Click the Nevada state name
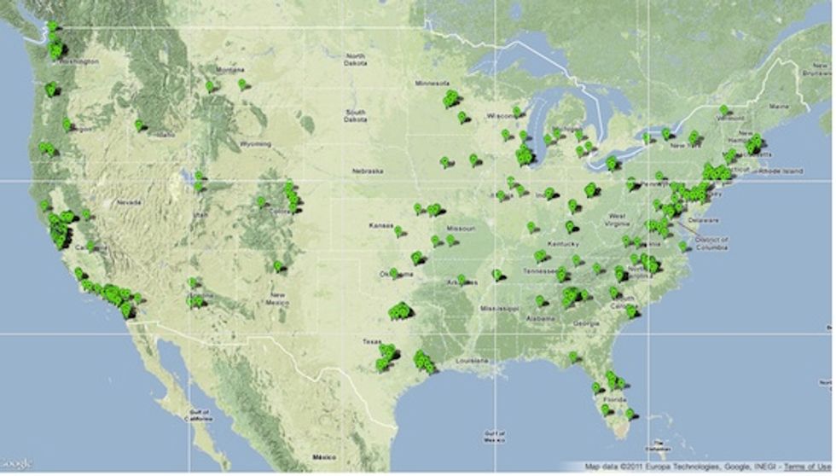tap(128, 202)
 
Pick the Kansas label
tap(379, 225)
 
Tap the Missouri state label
tap(462, 229)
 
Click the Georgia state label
tap(587, 323)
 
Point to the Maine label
tap(779, 106)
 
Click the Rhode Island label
tap(782, 171)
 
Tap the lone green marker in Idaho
tap(138, 125)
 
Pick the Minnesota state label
tap(431, 84)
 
